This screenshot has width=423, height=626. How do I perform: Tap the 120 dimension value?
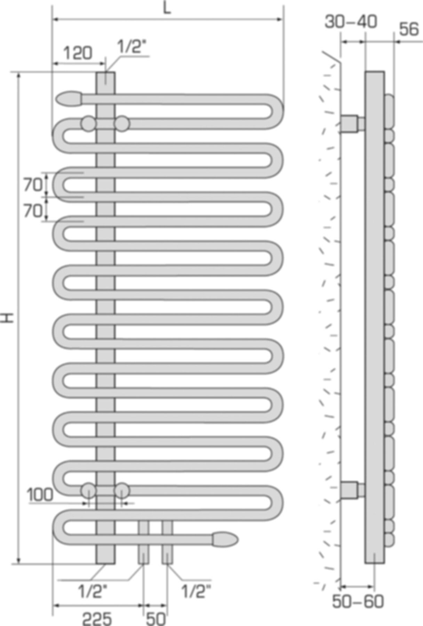pos(78,53)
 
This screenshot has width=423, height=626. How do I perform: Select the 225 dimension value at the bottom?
pos(97,618)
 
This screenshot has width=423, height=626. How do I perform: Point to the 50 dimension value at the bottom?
pos(155,618)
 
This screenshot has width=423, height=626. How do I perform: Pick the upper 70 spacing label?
pos(33,185)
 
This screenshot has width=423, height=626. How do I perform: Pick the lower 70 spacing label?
pos(33,210)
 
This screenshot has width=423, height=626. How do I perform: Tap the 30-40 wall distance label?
pos(351,22)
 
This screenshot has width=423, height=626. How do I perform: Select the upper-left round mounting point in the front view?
pos(88,123)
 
